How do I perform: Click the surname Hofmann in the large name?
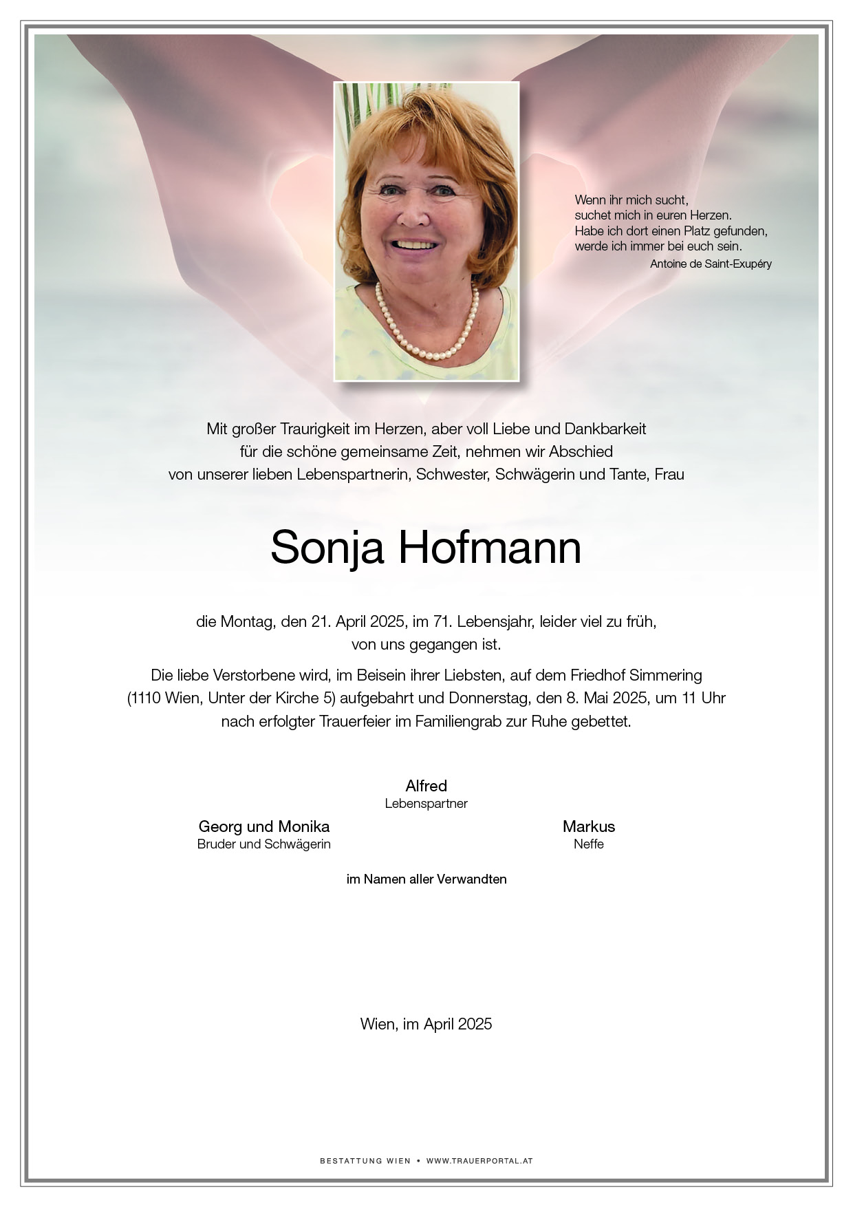click(x=490, y=548)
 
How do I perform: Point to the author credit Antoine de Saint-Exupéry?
click(x=711, y=264)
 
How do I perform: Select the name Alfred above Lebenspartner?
click(x=426, y=786)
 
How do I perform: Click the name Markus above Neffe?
click(x=588, y=826)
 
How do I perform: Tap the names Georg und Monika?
click(x=263, y=826)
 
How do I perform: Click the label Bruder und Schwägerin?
click(x=263, y=844)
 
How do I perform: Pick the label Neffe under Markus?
click(x=588, y=844)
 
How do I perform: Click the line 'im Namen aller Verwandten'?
click(x=426, y=879)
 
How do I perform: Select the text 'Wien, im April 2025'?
click(x=426, y=1024)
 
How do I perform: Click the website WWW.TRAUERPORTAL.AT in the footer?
click(x=479, y=1161)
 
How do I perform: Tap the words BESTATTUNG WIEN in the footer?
click(x=360, y=1161)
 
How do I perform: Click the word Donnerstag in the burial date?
click(x=490, y=698)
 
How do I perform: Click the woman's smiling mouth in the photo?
click(x=413, y=245)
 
